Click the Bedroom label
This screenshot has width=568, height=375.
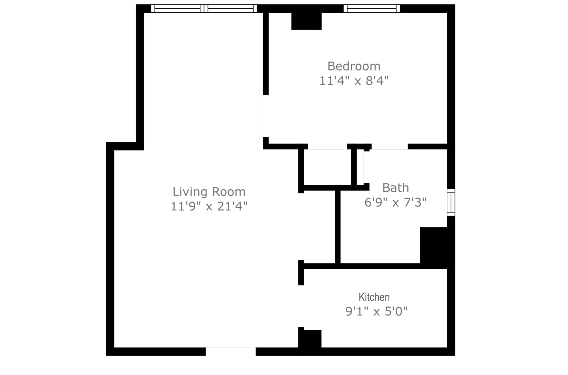coord(354,66)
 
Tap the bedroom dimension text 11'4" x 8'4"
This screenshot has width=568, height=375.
coord(354,81)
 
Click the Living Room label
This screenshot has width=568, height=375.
coord(209,192)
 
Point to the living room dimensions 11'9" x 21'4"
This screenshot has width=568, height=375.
coord(209,206)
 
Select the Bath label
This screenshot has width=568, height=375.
coord(396,188)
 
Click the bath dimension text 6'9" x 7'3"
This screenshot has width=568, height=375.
coord(396,203)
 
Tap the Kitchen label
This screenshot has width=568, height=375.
coord(374,297)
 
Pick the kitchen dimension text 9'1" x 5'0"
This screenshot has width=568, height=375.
coord(377,311)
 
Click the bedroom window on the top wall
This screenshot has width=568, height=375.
coord(372,8)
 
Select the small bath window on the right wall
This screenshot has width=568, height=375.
coord(451,203)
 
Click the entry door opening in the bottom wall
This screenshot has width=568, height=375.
coord(231,351)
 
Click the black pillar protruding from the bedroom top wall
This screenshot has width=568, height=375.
coord(306,21)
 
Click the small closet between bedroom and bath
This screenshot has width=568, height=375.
coord(327,167)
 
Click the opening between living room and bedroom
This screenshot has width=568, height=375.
coord(266,116)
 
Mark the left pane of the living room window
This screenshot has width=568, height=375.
coord(177,8)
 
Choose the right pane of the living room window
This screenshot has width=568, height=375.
coord(231,8)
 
